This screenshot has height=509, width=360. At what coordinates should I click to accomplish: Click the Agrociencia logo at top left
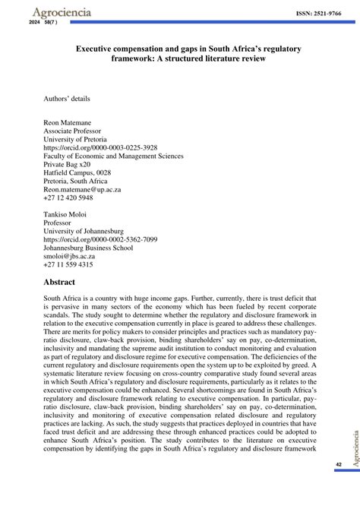(x=51, y=12)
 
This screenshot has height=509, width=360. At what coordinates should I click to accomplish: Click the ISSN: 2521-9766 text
(x=317, y=14)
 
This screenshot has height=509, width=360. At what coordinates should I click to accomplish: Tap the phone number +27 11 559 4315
(x=68, y=265)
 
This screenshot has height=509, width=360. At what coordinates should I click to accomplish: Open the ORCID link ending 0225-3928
(x=100, y=147)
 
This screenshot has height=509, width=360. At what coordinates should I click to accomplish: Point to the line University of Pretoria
(x=75, y=139)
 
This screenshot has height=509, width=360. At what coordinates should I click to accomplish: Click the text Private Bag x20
(x=67, y=165)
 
